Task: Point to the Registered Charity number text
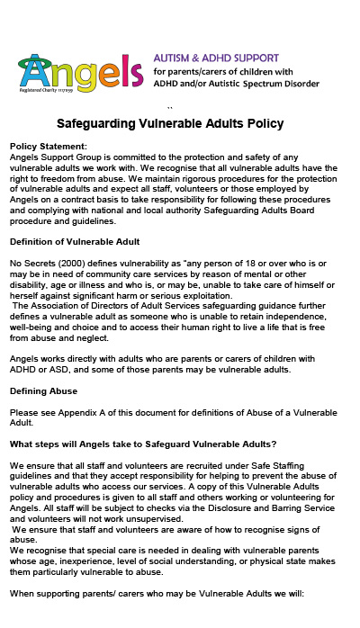pos(44,90)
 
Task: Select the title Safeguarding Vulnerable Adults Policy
pos(170,123)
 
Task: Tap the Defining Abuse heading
pos(43,391)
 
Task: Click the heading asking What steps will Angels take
pos(142,444)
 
